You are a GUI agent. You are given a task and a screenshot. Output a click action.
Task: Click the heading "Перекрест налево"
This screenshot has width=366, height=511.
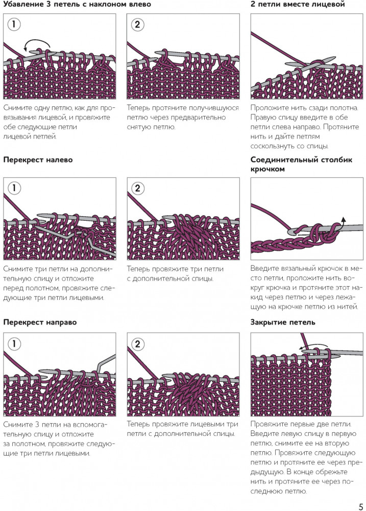click(x=38, y=160)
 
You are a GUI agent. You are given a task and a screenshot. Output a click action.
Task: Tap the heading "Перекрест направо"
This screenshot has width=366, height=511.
click(x=40, y=322)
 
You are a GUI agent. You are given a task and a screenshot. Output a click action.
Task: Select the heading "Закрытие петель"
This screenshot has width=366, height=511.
click(x=283, y=322)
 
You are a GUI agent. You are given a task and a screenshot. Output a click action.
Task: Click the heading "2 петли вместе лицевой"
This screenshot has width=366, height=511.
click(x=298, y=5)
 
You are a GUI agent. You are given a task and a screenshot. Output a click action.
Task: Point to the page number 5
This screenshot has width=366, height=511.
click(x=360, y=507)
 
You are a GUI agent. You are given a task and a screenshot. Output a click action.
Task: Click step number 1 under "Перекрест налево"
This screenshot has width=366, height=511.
click(x=14, y=188)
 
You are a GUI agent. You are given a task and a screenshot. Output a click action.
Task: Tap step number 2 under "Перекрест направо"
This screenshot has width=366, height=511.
click(x=137, y=344)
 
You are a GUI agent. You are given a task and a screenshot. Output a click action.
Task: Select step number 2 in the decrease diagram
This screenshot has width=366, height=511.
click(x=137, y=25)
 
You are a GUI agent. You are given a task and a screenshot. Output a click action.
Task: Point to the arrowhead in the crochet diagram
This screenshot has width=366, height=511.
click(x=343, y=219)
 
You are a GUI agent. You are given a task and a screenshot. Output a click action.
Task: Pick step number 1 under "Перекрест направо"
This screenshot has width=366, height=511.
click(x=14, y=344)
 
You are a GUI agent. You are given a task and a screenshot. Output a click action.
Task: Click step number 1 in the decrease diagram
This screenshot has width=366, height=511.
click(x=14, y=25)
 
